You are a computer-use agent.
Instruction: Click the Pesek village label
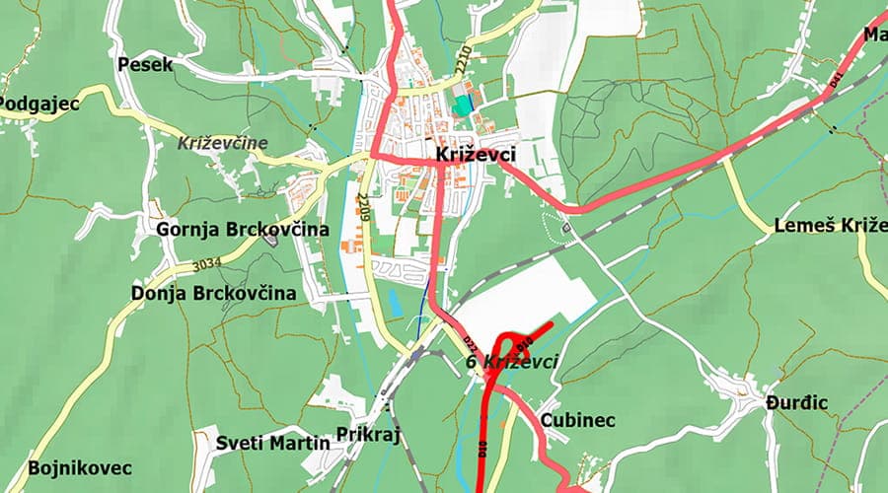coord(145,65)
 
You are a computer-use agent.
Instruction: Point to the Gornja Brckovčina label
coord(243,230)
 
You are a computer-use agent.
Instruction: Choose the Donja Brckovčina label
coord(214,293)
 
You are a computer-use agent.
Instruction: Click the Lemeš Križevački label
coord(830,225)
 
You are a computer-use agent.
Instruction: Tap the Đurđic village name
coord(796,403)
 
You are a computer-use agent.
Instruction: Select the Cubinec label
coord(578,421)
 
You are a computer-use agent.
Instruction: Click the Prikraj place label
coord(368,435)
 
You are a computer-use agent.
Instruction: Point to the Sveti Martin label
coord(273,443)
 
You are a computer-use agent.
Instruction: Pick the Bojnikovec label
coord(80,467)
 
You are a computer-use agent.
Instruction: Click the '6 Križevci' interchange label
coord(511,362)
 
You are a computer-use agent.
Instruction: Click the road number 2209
coord(363,207)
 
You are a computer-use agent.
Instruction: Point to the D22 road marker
coord(472,344)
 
